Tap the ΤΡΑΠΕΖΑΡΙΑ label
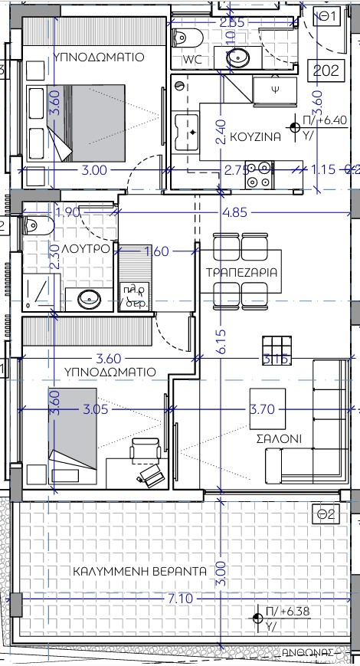pyautogui.click(x=242, y=273)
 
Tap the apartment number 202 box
pyautogui.click(x=326, y=71)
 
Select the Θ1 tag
pyautogui.click(x=329, y=15)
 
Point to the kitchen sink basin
pyautogui.click(x=186, y=133)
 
